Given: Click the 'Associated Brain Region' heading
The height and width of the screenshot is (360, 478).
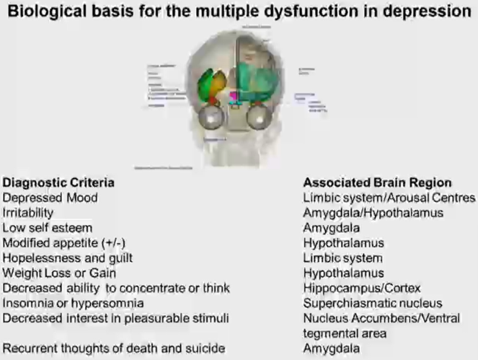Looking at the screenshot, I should coord(378,183).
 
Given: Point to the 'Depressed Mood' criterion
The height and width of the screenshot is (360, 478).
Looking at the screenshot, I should coord(50,197).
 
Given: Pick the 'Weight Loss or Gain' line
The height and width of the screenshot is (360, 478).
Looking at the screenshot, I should coord(58,273).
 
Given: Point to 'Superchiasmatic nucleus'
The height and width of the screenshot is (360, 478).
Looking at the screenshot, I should coord(373,303).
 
